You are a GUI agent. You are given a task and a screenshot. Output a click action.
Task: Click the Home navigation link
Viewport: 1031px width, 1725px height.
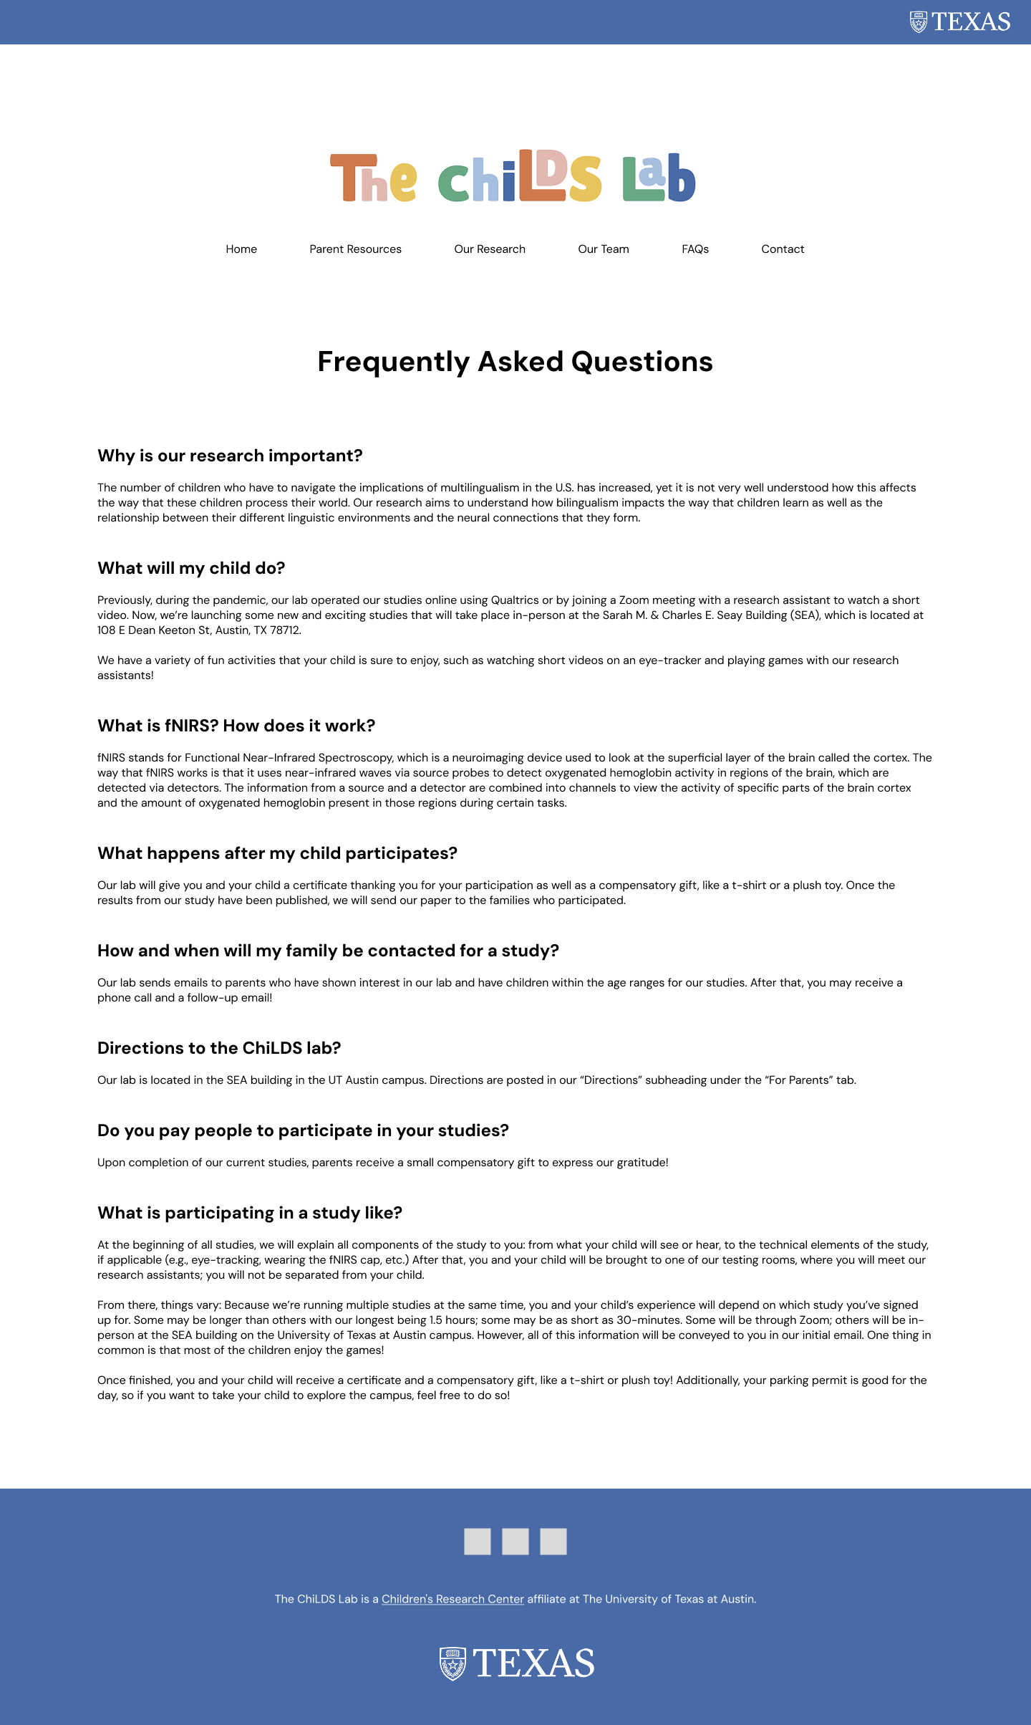pyautogui.click(x=241, y=249)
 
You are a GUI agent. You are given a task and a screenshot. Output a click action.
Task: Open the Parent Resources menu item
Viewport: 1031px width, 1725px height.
pyautogui.click(x=355, y=249)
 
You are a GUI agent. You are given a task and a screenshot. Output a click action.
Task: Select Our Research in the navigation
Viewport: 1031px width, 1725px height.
pyautogui.click(x=490, y=249)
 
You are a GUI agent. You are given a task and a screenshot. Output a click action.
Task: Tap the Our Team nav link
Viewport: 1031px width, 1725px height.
pyautogui.click(x=604, y=249)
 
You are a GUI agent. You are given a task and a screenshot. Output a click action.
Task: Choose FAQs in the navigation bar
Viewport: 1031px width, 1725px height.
pyautogui.click(x=695, y=249)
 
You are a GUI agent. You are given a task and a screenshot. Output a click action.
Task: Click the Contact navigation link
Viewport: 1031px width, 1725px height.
pyautogui.click(x=783, y=249)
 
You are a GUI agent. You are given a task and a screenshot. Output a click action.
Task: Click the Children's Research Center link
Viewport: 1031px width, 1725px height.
pyautogui.click(x=452, y=1599)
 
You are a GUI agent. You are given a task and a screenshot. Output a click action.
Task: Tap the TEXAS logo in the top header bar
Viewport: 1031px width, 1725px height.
pyautogui.click(x=959, y=22)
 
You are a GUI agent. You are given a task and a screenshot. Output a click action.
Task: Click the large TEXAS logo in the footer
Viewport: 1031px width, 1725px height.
pyautogui.click(x=516, y=1663)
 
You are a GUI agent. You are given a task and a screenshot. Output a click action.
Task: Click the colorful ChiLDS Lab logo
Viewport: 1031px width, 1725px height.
pyautogui.click(x=513, y=177)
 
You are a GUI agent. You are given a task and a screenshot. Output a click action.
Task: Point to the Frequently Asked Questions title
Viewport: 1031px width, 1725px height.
pyautogui.click(x=515, y=362)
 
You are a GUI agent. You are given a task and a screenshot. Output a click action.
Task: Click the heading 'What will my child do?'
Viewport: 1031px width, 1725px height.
pyautogui.click(x=191, y=568)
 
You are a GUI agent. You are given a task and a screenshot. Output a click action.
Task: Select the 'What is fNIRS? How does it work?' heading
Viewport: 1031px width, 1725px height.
pyautogui.click(x=236, y=726)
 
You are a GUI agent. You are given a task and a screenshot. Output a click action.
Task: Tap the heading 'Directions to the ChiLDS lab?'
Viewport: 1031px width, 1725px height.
pyautogui.click(x=219, y=1048)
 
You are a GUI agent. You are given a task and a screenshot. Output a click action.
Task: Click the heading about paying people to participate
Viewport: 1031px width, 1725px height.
pyautogui.click(x=303, y=1130)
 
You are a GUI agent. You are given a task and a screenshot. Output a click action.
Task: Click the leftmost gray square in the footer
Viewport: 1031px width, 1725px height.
pyautogui.click(x=478, y=1542)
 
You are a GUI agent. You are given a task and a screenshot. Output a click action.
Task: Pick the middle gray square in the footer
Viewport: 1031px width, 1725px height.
pyautogui.click(x=515, y=1542)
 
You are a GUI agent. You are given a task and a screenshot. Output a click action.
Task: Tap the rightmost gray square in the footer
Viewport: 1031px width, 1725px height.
pyautogui.click(x=553, y=1542)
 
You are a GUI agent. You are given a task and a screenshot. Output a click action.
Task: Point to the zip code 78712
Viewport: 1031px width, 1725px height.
pyautogui.click(x=285, y=630)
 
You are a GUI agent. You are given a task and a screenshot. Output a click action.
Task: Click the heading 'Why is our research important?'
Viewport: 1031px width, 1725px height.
pyautogui.click(x=230, y=456)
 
